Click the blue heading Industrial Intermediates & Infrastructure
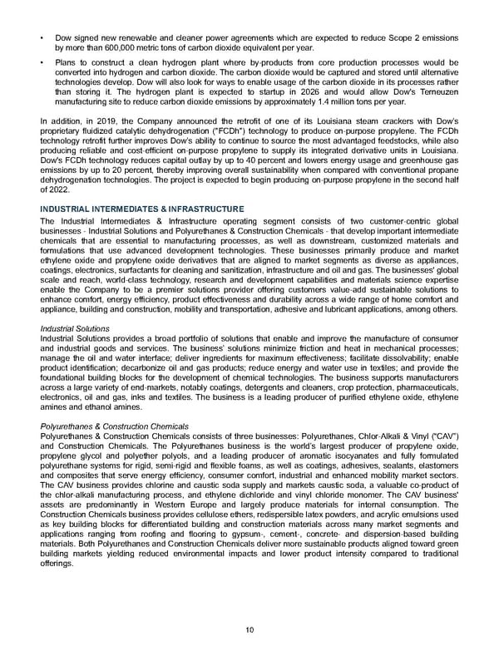[142, 209]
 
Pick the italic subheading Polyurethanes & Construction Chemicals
[114, 426]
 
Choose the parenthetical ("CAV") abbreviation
[441, 436]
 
